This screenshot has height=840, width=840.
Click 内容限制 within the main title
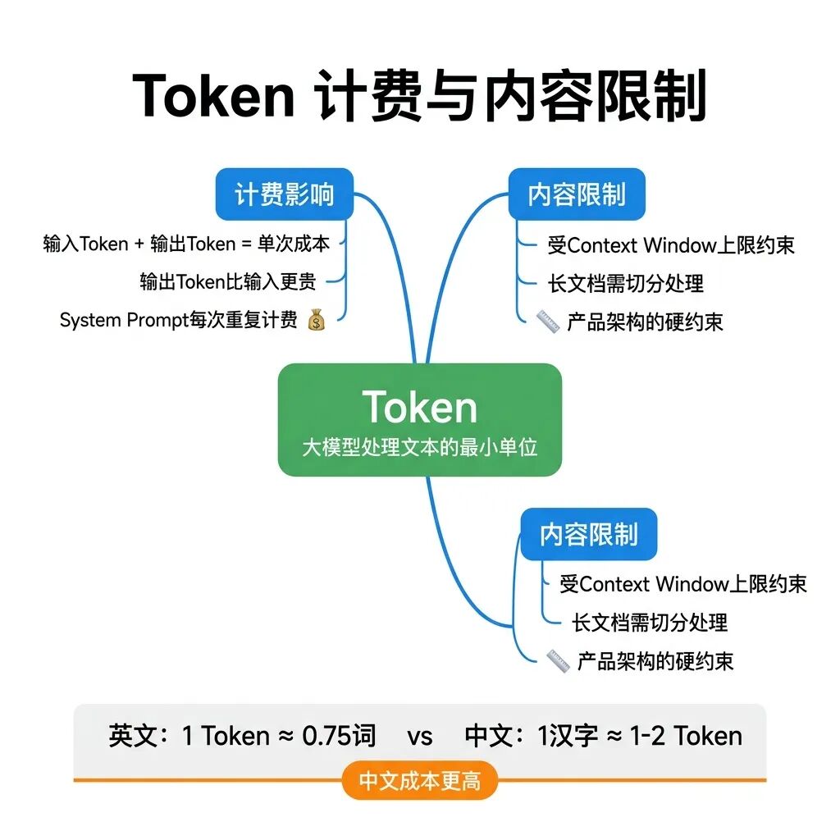pos(596,96)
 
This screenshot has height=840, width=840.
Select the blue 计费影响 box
pos(284,194)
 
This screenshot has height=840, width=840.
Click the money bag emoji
pos(316,320)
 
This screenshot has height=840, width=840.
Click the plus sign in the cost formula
pos(139,244)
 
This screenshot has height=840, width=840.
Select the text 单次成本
pos(293,244)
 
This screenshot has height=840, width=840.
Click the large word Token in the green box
pos(419,408)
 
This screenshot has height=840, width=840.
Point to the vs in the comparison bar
pos(419,736)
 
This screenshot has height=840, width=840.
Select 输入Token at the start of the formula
pos(86,244)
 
